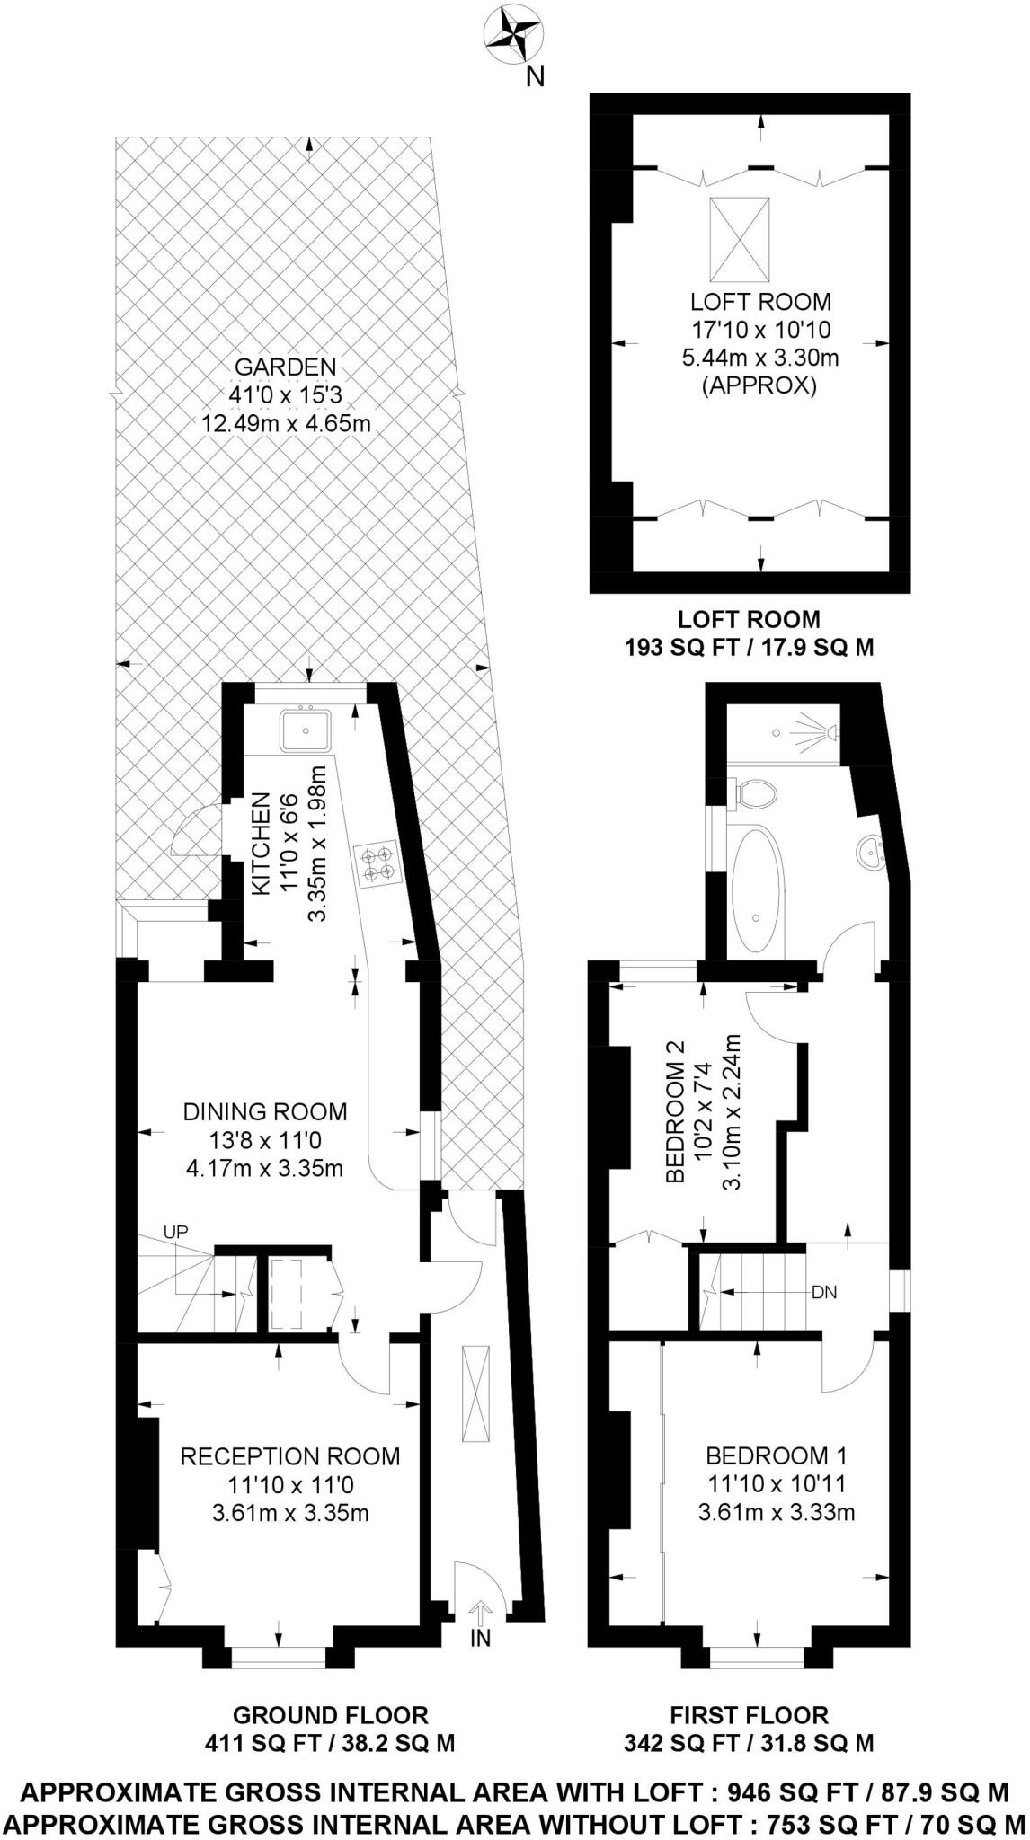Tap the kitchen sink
tap(306, 729)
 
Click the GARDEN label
tap(285, 367)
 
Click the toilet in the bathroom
tap(755, 793)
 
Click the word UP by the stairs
tap(175, 1232)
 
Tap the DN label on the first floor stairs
tap(823, 1293)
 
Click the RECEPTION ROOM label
tap(290, 1455)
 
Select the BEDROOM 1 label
tap(776, 1455)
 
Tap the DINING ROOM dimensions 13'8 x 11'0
tap(265, 1141)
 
